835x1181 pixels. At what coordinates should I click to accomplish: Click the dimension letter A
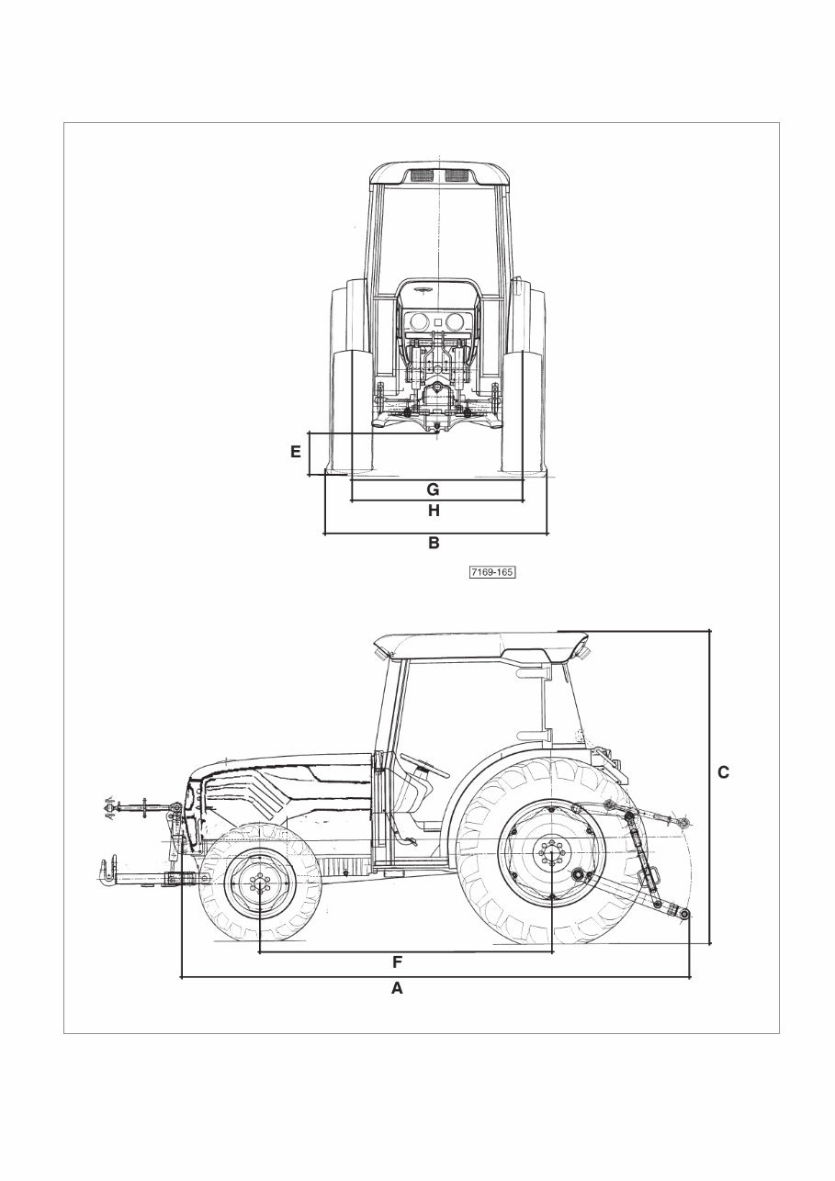pyautogui.click(x=397, y=988)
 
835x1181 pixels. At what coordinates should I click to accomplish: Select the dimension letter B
pyautogui.click(x=434, y=543)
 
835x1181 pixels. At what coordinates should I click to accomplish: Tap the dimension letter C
pyautogui.click(x=723, y=772)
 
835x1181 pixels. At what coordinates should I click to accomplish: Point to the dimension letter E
pyautogui.click(x=296, y=452)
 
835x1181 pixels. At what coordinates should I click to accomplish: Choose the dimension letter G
pyautogui.click(x=434, y=489)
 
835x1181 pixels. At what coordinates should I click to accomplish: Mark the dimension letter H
pyautogui.click(x=434, y=510)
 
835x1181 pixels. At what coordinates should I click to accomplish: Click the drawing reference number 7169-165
pyautogui.click(x=491, y=572)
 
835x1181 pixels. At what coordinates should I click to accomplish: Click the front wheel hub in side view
pyautogui.click(x=260, y=885)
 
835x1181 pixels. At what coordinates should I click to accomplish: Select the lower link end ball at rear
pyautogui.click(x=684, y=913)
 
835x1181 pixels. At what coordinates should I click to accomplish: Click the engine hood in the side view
pyautogui.click(x=285, y=771)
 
